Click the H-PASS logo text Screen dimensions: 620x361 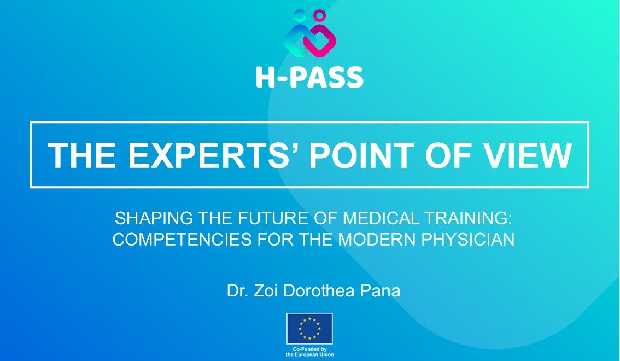tap(309, 77)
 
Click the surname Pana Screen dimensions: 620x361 tap(380, 290)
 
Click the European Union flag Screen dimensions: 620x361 tap(309, 329)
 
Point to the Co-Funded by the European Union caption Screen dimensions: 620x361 tap(309, 352)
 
